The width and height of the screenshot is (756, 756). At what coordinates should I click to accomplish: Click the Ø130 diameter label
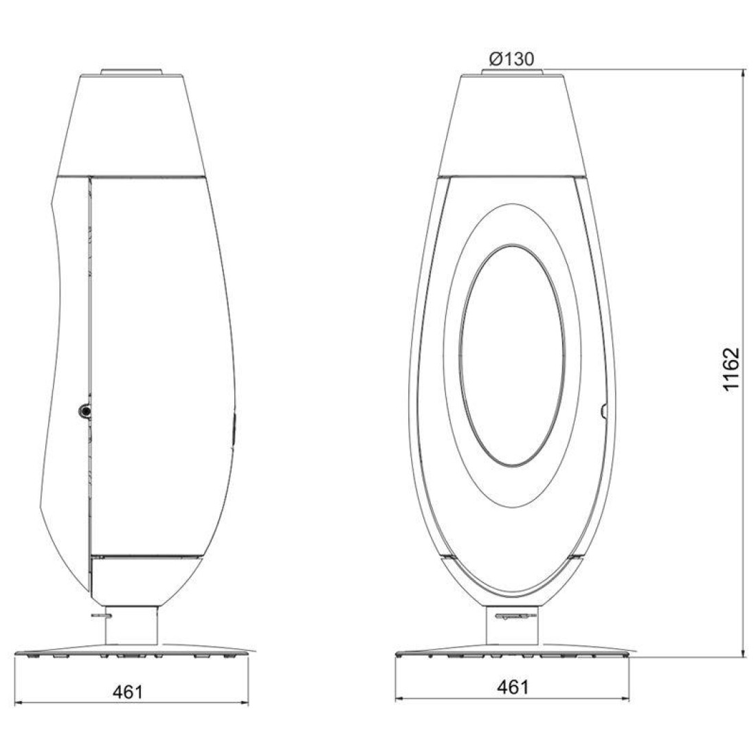511,59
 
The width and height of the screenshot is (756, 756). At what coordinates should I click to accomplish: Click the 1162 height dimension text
731,369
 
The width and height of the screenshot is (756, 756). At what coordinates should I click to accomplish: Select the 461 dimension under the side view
129,692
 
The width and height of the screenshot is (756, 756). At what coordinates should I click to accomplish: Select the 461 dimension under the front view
513,687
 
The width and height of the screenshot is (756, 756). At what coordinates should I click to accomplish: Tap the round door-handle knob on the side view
85,411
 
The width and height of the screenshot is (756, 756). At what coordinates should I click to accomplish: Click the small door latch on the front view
603,411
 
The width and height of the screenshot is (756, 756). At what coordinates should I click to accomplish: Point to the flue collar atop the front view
512,72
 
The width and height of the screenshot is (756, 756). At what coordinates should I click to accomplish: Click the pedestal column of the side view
131,625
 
